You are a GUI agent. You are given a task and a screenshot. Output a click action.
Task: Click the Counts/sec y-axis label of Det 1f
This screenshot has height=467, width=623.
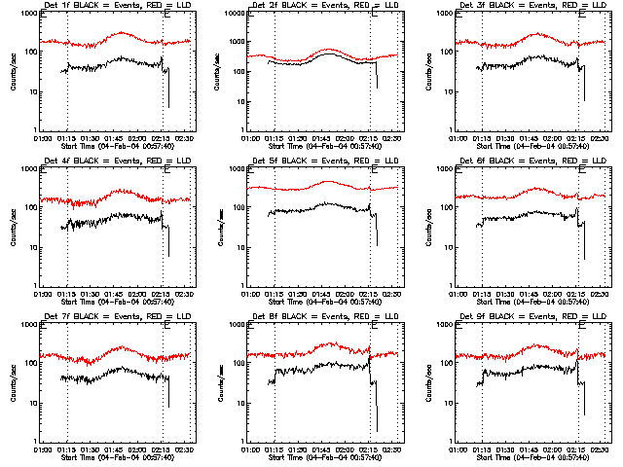click(x=13, y=73)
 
